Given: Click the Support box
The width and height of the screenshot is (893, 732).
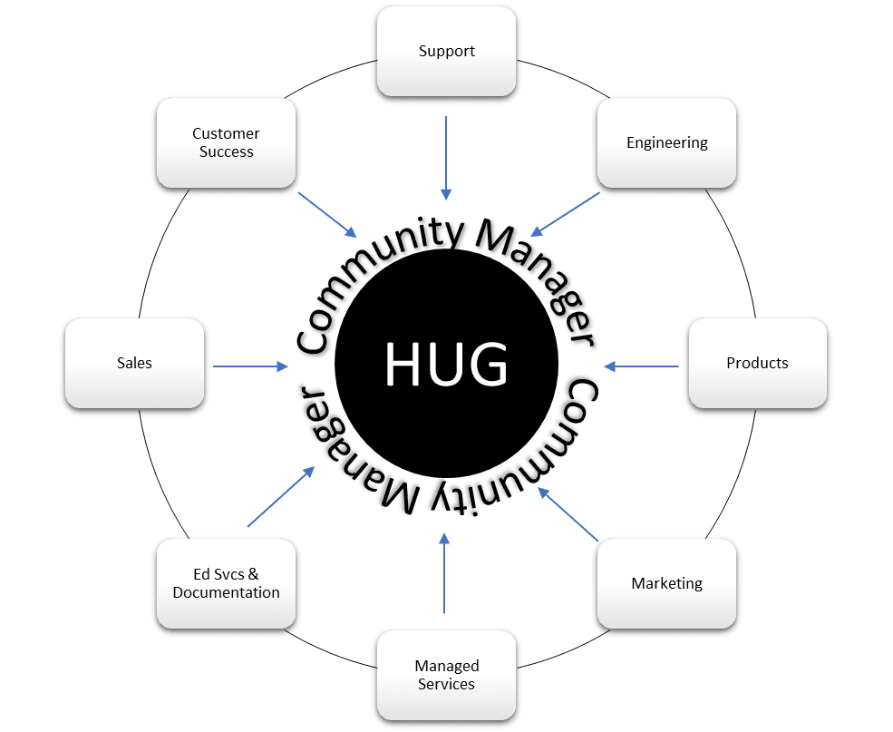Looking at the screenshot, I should pos(447,52).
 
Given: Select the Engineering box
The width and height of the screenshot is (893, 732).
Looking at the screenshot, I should pos(667,142).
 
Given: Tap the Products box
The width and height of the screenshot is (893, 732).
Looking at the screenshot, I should pos(758,363).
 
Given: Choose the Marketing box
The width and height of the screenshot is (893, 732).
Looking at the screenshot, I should pos(667,583).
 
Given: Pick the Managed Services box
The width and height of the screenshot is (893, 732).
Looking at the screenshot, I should pos(447,675).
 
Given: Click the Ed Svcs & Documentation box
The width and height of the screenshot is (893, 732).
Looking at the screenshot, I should pos(227,583).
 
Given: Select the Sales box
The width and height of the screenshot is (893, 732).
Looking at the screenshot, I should pos(134,363).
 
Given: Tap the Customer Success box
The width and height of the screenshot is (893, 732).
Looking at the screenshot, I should pos(227,142).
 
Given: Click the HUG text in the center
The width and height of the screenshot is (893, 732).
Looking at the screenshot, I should pos(446,363).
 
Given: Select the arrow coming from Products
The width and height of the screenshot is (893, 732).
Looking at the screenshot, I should pos(642,366).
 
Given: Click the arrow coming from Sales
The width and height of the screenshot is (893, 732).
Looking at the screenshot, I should pos(249,366).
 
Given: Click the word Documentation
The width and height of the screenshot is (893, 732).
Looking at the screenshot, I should pos(227,592).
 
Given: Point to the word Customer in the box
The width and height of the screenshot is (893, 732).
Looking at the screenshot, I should pos(227,133).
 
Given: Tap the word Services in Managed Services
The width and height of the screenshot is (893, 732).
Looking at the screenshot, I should pos(447,684).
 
